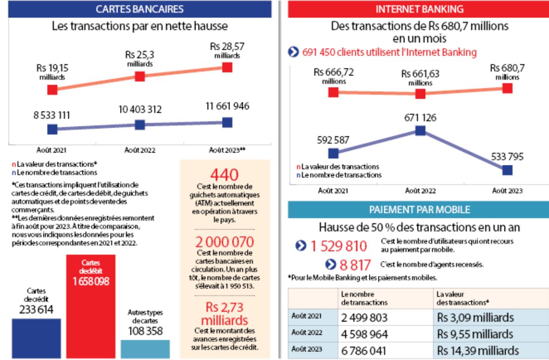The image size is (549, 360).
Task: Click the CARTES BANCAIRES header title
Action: click(x=140, y=9)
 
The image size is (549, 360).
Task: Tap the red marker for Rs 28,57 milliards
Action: click(x=227, y=67)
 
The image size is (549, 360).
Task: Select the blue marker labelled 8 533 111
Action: click(x=52, y=129)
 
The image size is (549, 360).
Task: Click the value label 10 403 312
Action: click(x=140, y=109)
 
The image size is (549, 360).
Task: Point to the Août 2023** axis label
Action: click(x=227, y=150)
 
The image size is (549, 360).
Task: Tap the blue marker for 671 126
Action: click(x=420, y=131)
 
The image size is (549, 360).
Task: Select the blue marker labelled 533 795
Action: click(x=507, y=170)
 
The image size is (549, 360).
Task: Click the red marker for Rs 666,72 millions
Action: click(x=333, y=92)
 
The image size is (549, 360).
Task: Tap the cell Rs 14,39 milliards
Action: click(x=475, y=350)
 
